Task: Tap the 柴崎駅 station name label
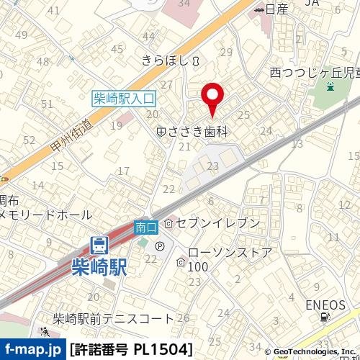[100, 266]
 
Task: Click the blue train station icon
[100, 245]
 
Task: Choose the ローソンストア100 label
[229, 259]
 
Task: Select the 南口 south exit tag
[145, 226]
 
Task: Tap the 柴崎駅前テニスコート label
[113, 318]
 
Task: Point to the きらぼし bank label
[165, 62]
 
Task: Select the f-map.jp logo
[32, 349]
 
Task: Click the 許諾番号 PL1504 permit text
[132, 350]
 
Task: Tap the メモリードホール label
[46, 215]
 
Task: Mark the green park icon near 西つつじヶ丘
[330, 87]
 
